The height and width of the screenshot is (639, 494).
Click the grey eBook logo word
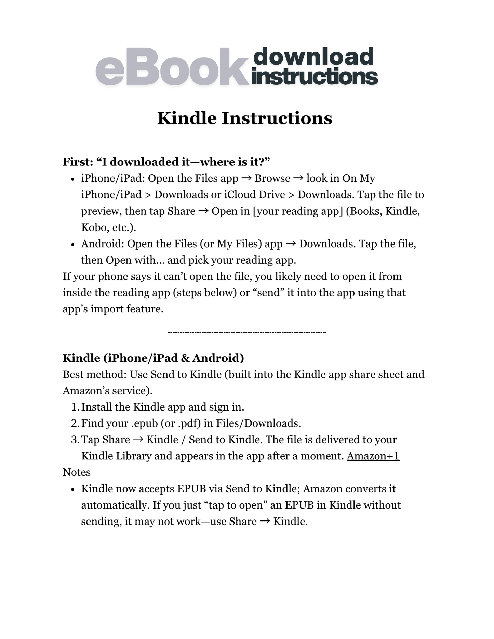tap(172, 67)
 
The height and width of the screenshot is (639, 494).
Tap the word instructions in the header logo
tap(315, 77)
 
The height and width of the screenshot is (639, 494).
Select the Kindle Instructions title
tap(244, 118)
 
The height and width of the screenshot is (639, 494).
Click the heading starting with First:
tap(166, 162)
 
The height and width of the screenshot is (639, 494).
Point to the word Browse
tap(272, 178)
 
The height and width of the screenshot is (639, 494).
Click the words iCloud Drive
tap(254, 195)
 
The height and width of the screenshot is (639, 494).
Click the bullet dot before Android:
tap(72, 245)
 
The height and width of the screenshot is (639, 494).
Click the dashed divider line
tap(247, 332)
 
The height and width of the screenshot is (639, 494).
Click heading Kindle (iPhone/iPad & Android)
tap(153, 358)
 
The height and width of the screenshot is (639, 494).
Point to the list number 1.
tap(75, 407)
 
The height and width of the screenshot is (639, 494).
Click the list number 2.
tap(75, 423)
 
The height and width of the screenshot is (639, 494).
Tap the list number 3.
tap(75, 440)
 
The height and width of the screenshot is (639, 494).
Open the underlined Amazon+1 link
tap(373, 456)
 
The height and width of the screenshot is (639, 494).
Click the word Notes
tap(77, 472)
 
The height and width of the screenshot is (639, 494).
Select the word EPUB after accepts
tap(191, 489)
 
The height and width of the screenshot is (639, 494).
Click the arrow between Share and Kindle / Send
tap(138, 440)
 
